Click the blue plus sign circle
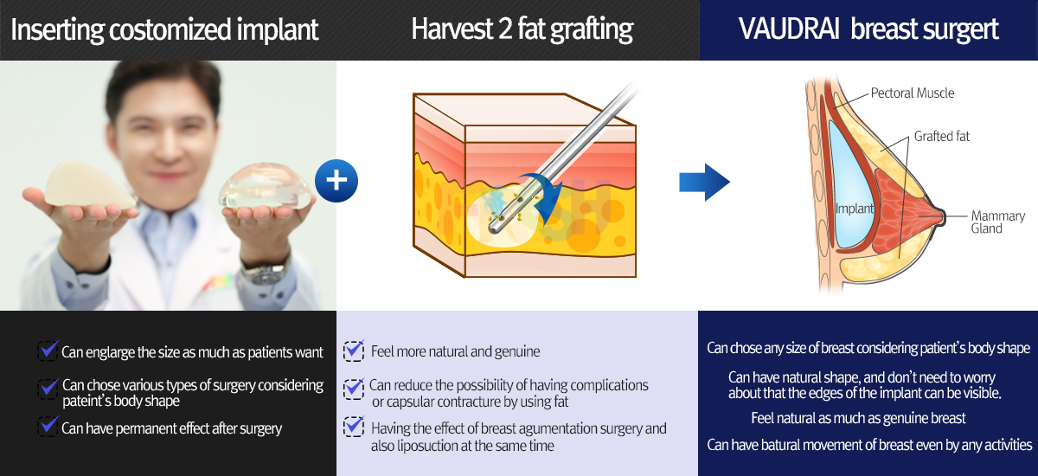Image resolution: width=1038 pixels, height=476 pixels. pyautogui.click(x=336, y=181)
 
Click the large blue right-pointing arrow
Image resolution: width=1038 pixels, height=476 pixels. pyautogui.click(x=704, y=182)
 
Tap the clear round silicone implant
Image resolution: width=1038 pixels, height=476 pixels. pyautogui.click(x=265, y=186)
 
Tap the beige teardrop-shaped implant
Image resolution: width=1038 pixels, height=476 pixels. pyautogui.click(x=89, y=185)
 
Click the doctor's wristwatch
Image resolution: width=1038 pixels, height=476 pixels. pyautogui.click(x=265, y=273)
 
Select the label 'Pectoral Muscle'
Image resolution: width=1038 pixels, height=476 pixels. pyautogui.click(x=913, y=93)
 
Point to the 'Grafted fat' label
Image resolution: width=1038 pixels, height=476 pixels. pyautogui.click(x=942, y=136)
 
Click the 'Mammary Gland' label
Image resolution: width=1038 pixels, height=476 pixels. pyautogui.click(x=997, y=222)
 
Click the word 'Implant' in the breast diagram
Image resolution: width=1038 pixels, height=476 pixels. pyautogui.click(x=854, y=209)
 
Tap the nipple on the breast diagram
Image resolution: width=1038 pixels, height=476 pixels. pyautogui.click(x=941, y=217)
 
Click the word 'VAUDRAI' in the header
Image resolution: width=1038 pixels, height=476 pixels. pyautogui.click(x=789, y=29)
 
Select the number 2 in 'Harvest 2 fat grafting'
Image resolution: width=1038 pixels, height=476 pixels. pyautogui.click(x=505, y=29)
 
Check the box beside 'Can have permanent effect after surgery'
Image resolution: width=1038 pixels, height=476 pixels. pyautogui.click(x=48, y=427)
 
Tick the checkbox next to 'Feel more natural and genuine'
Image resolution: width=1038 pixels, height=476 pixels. pyautogui.click(x=354, y=351)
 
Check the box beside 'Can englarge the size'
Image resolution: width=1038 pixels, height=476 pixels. pyautogui.click(x=48, y=351)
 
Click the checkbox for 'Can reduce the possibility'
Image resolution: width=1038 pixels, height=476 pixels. pyautogui.click(x=354, y=389)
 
